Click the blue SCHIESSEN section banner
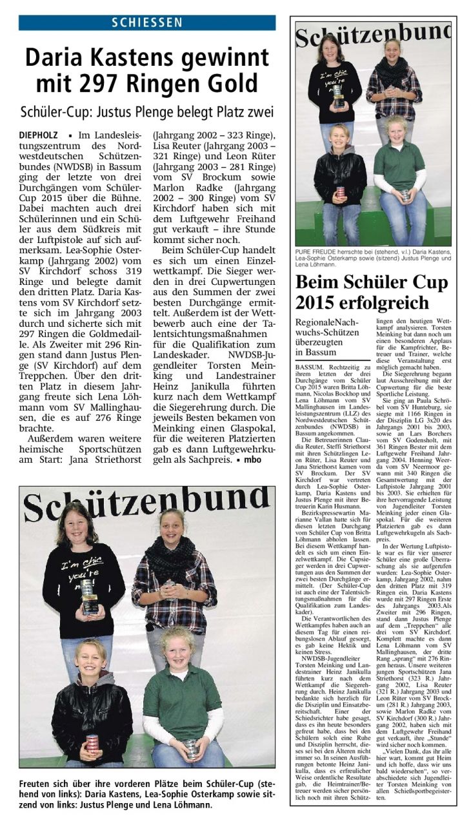(x=147, y=23)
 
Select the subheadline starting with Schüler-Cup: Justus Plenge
(x=147, y=112)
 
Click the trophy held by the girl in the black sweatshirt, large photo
(x=89, y=596)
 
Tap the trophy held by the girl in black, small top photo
(x=338, y=95)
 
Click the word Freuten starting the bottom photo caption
(x=38, y=784)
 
